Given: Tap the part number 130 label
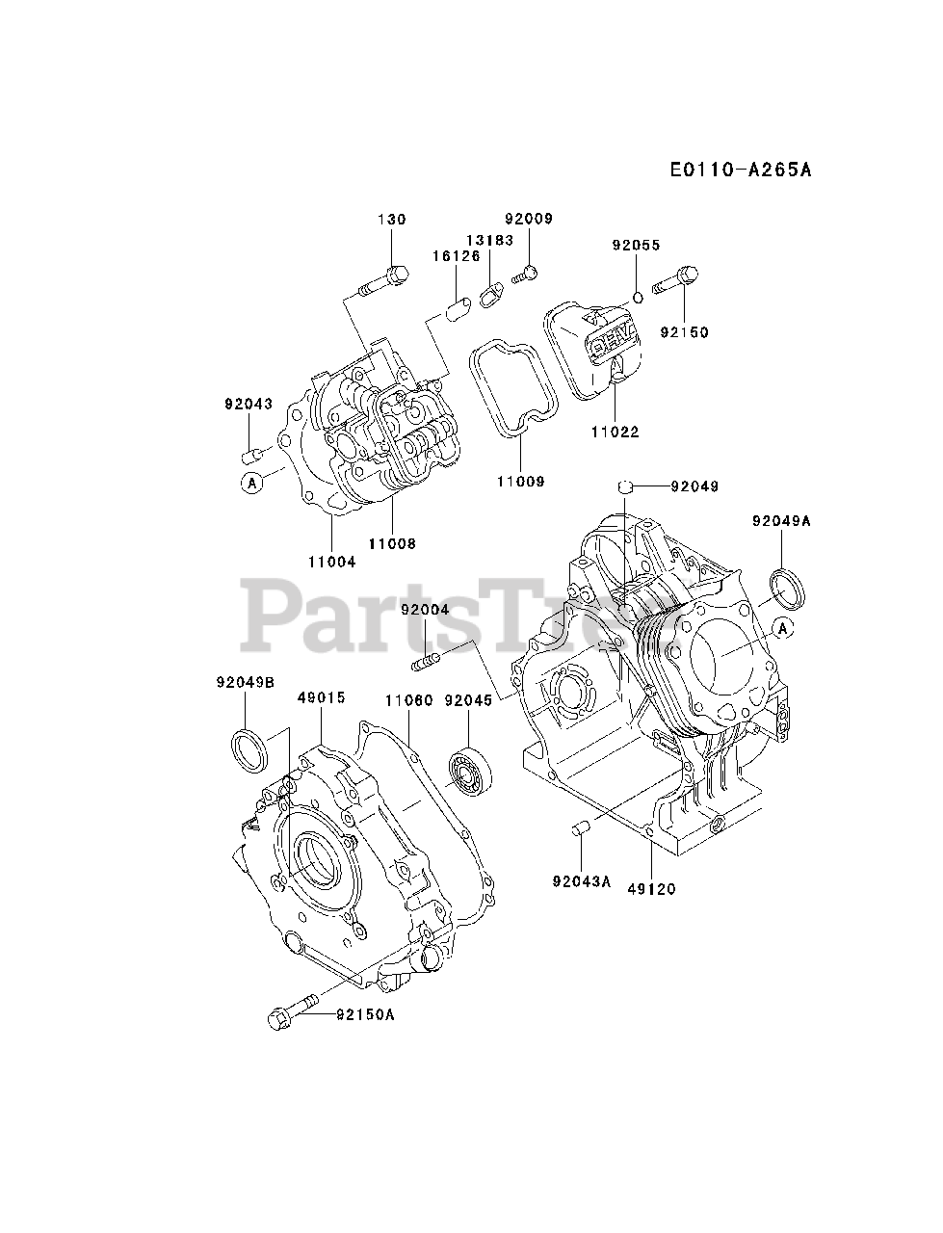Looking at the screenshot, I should pyautogui.click(x=392, y=220).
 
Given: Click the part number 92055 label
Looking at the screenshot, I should pyautogui.click(x=636, y=245).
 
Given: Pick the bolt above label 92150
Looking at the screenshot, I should pyautogui.click(x=678, y=280).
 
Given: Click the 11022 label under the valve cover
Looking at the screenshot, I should pyautogui.click(x=616, y=433).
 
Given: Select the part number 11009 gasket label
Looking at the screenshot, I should pyautogui.click(x=521, y=481).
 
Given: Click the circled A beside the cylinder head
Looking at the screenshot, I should pyautogui.click(x=252, y=483).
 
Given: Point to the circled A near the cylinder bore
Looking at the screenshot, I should pyautogui.click(x=782, y=628).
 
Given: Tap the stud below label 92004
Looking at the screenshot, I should pyautogui.click(x=426, y=662).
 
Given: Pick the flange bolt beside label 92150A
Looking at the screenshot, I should pyautogui.click(x=288, y=1011).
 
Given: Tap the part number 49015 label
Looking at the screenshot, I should pyautogui.click(x=321, y=697).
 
